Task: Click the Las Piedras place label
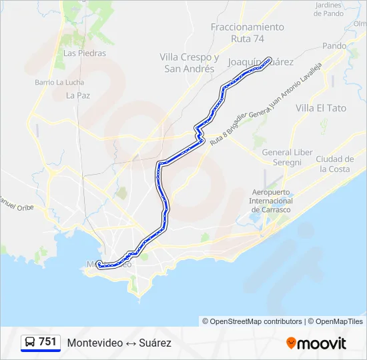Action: coord(79,53)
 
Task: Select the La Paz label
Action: coord(78,95)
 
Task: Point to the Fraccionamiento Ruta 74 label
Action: coord(247,33)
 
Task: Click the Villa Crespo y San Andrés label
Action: coord(190,63)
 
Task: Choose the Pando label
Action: coord(334,46)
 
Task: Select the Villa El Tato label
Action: coord(321,107)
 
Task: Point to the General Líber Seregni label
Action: coord(287,157)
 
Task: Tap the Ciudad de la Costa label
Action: coord(335,163)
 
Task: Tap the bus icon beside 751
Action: coord(30,342)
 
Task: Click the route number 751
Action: coord(47,342)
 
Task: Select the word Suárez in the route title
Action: coord(155,343)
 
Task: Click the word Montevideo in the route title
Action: coord(95,343)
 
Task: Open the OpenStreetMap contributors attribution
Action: coord(256,321)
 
